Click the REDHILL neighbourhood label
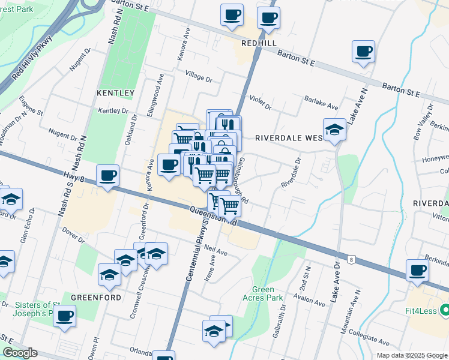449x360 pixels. click(259, 44)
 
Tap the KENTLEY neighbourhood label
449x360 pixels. click(115, 93)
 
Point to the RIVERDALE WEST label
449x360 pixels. click(289, 137)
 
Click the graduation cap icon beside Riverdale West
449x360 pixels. click(334, 129)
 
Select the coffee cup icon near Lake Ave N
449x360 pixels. click(363, 52)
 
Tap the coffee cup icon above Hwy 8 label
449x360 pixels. click(108, 175)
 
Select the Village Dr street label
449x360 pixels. click(199, 77)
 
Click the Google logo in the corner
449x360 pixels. click(20, 353)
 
